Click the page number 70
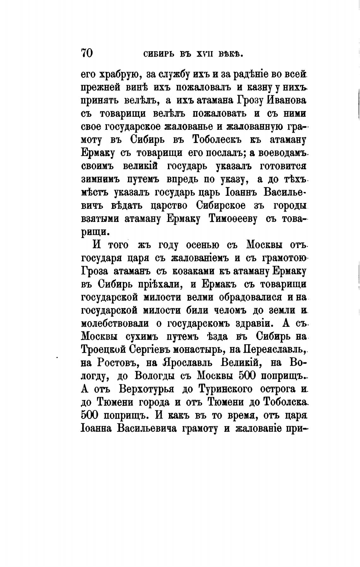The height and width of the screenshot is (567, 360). click(87, 53)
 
